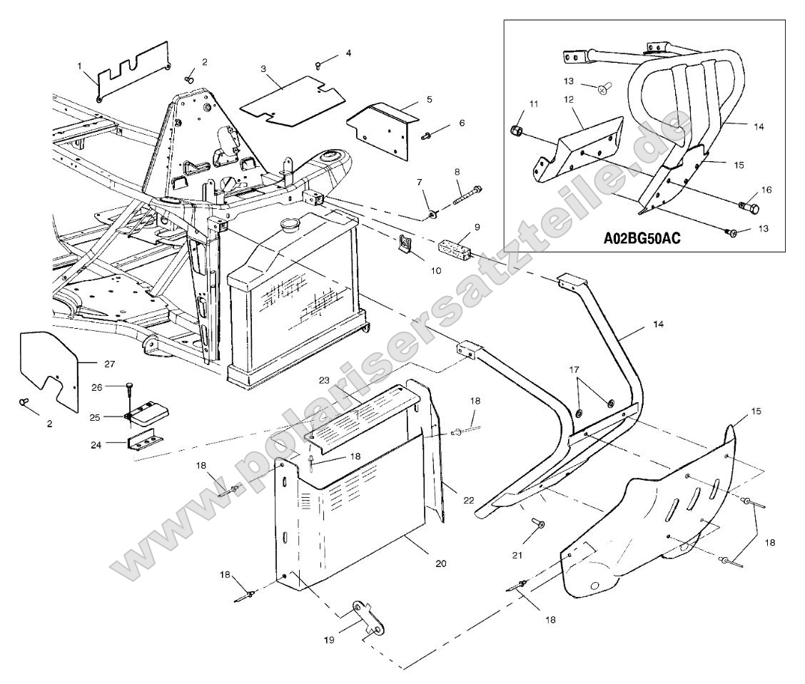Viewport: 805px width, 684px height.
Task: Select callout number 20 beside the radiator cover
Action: (x=440, y=563)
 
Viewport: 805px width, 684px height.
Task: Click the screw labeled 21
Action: (x=540, y=526)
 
